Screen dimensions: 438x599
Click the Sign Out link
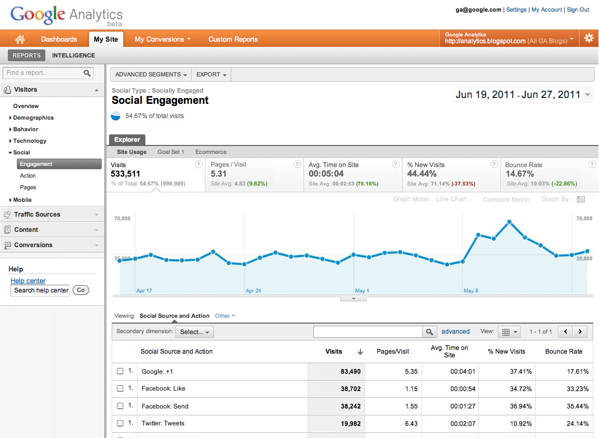[x=577, y=9]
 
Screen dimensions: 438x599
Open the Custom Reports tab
[x=233, y=40]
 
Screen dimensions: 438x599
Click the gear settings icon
[x=588, y=38]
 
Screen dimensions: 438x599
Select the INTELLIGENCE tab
[x=73, y=55]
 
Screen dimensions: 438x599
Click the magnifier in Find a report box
[x=87, y=73]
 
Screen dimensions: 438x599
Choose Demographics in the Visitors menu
[x=33, y=118]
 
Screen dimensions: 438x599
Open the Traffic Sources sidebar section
[x=37, y=215]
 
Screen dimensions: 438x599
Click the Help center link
[x=28, y=281]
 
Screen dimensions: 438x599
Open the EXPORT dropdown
[x=211, y=74]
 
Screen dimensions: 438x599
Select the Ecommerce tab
[x=211, y=152]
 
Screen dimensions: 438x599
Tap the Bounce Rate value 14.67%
[x=519, y=174]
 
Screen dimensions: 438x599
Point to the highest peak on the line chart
[x=509, y=222]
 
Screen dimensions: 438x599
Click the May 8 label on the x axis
[x=472, y=290]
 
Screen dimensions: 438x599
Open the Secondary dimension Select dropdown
[x=194, y=332]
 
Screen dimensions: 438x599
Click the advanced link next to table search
[x=455, y=332]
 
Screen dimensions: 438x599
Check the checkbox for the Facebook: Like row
[x=120, y=388]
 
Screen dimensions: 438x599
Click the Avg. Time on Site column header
[x=449, y=351]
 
